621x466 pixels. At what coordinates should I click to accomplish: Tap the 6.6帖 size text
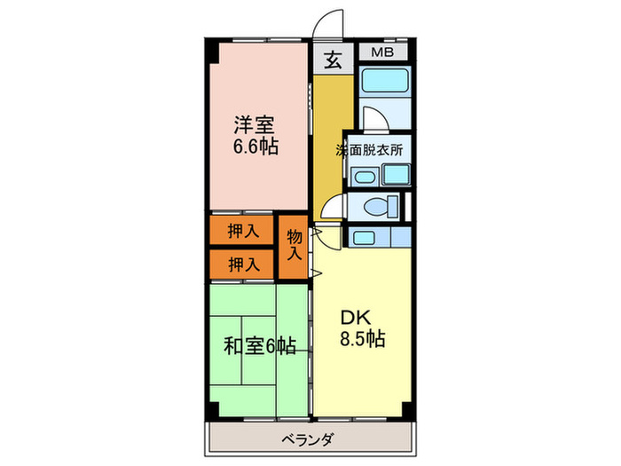pyautogui.click(x=255, y=146)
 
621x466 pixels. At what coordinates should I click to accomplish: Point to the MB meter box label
pyautogui.click(x=382, y=52)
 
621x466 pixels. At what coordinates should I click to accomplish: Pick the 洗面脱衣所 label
pyautogui.click(x=369, y=150)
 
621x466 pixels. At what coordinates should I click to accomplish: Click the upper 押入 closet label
pyautogui.click(x=243, y=232)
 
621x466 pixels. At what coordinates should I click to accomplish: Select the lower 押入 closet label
pyautogui.click(x=243, y=264)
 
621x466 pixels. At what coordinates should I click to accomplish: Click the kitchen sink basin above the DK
pyautogui.click(x=364, y=237)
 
